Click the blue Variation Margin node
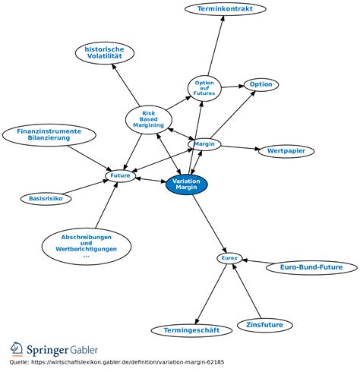point(186,185)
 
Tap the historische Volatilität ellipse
point(105,53)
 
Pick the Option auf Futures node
point(204,87)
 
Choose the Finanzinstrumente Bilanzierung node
point(49,135)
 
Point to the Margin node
point(204,144)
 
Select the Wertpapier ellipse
point(286,151)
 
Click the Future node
point(121,176)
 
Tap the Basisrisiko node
point(46,199)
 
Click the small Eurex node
point(229,259)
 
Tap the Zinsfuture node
point(265,325)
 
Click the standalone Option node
point(261,84)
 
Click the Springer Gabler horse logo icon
point(17,348)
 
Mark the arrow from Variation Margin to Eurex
point(209,224)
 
